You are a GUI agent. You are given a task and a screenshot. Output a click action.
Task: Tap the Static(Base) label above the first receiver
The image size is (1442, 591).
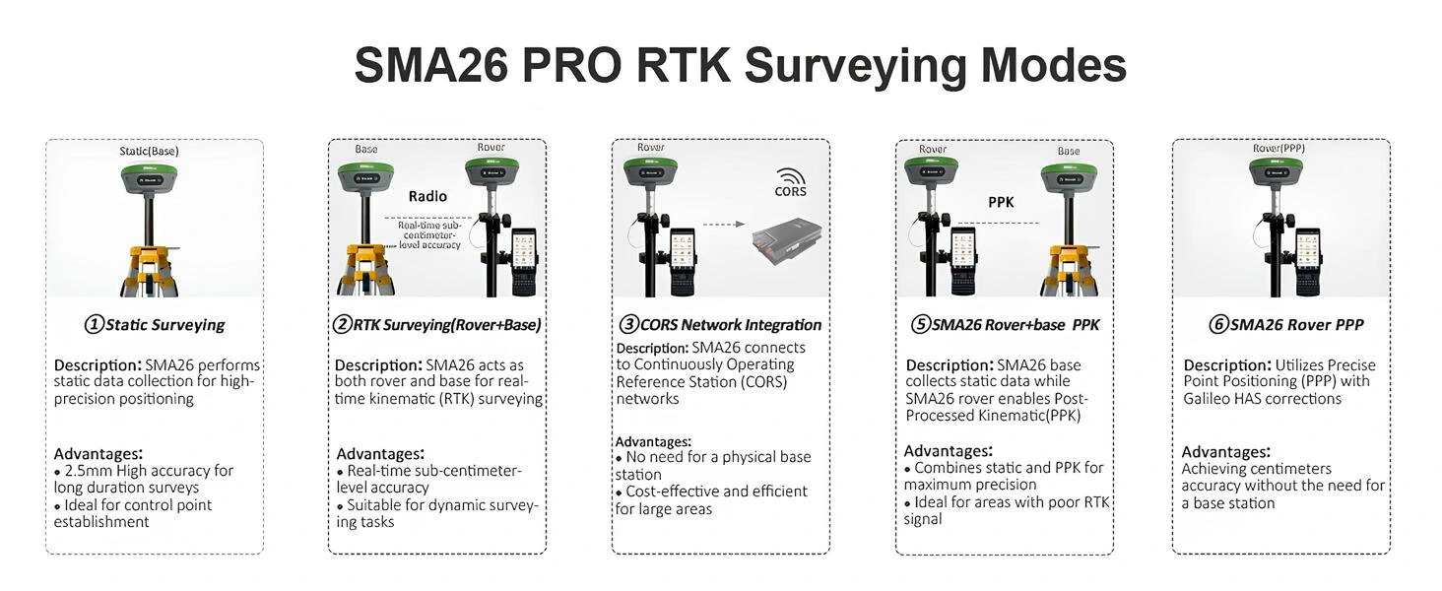click(149, 152)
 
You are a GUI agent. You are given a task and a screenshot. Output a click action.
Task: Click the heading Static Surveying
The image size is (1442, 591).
click(155, 325)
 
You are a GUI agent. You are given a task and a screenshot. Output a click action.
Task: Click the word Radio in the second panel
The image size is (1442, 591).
click(427, 196)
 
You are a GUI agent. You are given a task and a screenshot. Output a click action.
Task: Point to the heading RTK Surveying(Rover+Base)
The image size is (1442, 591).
click(437, 325)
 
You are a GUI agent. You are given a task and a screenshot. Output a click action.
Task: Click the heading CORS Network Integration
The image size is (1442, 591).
click(720, 325)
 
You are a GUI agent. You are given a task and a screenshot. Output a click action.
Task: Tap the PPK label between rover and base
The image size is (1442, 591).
click(1001, 202)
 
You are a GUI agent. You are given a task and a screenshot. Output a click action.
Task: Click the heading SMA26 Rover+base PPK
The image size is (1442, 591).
click(1005, 325)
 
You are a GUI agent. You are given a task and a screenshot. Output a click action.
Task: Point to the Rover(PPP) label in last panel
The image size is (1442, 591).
click(1278, 149)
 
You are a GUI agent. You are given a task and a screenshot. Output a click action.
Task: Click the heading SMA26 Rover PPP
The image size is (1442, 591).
click(1286, 325)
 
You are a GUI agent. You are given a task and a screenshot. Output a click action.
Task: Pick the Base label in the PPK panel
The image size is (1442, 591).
click(1069, 152)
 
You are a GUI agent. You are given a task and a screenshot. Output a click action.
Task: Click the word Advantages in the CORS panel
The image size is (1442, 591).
click(653, 442)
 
